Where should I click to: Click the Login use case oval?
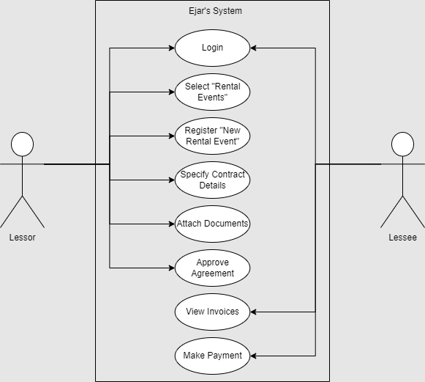[212, 48]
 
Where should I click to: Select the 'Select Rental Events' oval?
[212, 92]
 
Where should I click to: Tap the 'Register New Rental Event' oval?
[212, 136]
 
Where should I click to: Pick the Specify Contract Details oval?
[212, 180]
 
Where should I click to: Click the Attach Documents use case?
[212, 224]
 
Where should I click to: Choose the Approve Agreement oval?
[212, 268]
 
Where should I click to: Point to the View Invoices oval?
[212, 312]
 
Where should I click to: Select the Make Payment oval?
[212, 356]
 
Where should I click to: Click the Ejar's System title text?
[212, 11]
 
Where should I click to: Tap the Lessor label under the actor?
[22, 238]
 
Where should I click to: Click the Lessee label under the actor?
[402, 238]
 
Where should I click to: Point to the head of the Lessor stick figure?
[22, 144]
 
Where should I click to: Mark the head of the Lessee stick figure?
[402, 144]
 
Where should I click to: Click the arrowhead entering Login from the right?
[254, 48]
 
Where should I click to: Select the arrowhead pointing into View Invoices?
[254, 312]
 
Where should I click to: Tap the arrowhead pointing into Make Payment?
[254, 356]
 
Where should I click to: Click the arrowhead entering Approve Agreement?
[170, 268]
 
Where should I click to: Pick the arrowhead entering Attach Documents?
[170, 224]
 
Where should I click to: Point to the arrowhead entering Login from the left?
[170, 48]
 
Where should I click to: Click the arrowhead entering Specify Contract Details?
[170, 180]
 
